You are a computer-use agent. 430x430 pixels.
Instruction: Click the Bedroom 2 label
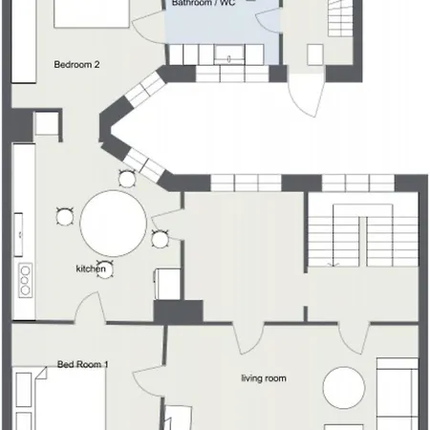coord(76,65)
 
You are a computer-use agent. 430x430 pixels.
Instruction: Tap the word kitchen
coord(91,269)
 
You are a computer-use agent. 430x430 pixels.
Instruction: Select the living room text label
coord(264,378)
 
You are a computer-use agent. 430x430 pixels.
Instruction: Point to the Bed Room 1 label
coord(83,364)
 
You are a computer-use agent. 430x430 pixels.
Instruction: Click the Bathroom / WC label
coord(204,3)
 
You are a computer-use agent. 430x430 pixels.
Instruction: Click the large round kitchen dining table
coord(113,224)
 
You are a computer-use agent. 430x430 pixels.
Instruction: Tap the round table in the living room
coord(344,387)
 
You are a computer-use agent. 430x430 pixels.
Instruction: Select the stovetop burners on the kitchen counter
coord(25,280)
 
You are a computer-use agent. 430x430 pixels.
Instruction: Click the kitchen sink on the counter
coord(18,234)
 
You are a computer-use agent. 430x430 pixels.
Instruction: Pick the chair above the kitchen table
coord(127,179)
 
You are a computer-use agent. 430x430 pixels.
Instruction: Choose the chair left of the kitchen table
coord(65,217)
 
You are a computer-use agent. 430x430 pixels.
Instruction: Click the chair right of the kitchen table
coord(160,239)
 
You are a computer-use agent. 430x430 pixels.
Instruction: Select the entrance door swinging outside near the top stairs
coord(307,96)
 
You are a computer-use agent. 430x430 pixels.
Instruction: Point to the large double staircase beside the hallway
coord(363,235)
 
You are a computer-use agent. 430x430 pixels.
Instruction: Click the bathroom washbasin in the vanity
coord(229,54)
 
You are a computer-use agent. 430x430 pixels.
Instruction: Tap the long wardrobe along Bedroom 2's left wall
coord(24,41)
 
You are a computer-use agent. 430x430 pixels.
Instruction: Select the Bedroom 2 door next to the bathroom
coord(149,27)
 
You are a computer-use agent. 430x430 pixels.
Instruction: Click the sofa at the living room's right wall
coord(398,394)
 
